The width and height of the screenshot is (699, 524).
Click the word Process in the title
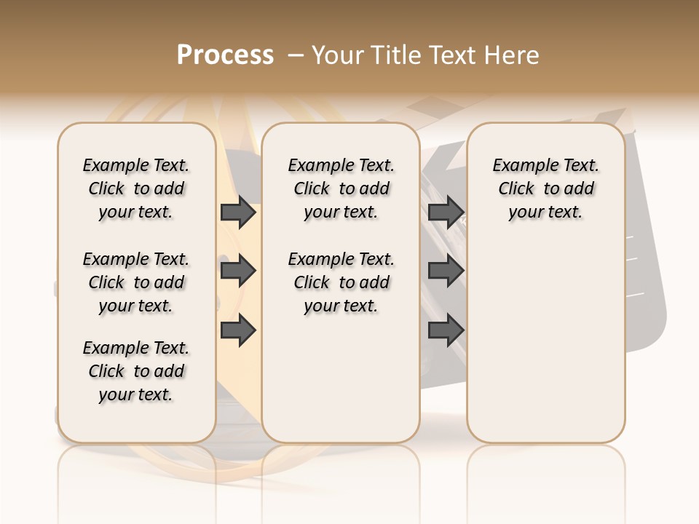click(225, 55)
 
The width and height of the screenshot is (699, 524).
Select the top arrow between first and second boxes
click(238, 213)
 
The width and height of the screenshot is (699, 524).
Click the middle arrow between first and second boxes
click(238, 271)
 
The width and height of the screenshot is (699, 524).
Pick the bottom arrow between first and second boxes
click(238, 330)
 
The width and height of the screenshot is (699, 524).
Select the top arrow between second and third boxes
click(446, 213)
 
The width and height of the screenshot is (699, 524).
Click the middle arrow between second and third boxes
click(446, 271)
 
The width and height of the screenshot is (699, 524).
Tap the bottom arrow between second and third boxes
click(446, 330)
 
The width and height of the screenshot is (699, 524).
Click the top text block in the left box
click(136, 188)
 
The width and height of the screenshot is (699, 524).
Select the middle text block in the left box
click(136, 282)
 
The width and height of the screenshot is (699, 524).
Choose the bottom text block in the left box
click(136, 371)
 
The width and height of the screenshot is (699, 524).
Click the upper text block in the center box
click(341, 188)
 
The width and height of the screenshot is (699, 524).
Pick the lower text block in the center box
click(341, 282)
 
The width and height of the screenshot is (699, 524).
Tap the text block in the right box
click(545, 188)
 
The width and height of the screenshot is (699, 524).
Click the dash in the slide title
click(296, 55)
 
